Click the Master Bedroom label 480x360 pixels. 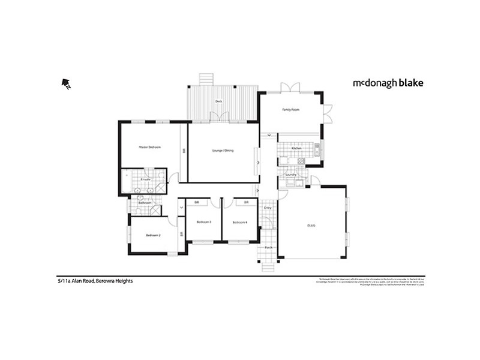(149, 147)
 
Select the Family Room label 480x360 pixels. (291, 110)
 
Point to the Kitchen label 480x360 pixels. (296, 148)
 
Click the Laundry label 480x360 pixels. (290, 175)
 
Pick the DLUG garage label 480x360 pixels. (311, 226)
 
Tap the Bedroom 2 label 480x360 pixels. (153, 235)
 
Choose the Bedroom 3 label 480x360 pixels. (203, 223)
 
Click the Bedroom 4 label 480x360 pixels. (240, 223)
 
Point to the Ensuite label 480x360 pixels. (145, 179)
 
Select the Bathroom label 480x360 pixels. (145, 203)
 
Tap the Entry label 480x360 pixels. (268, 208)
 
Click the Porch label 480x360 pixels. (268, 247)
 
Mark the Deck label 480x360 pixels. (219, 101)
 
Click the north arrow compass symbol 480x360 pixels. (66, 84)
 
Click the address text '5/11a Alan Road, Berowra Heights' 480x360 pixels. (91, 281)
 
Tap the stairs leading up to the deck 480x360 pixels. (206, 78)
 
